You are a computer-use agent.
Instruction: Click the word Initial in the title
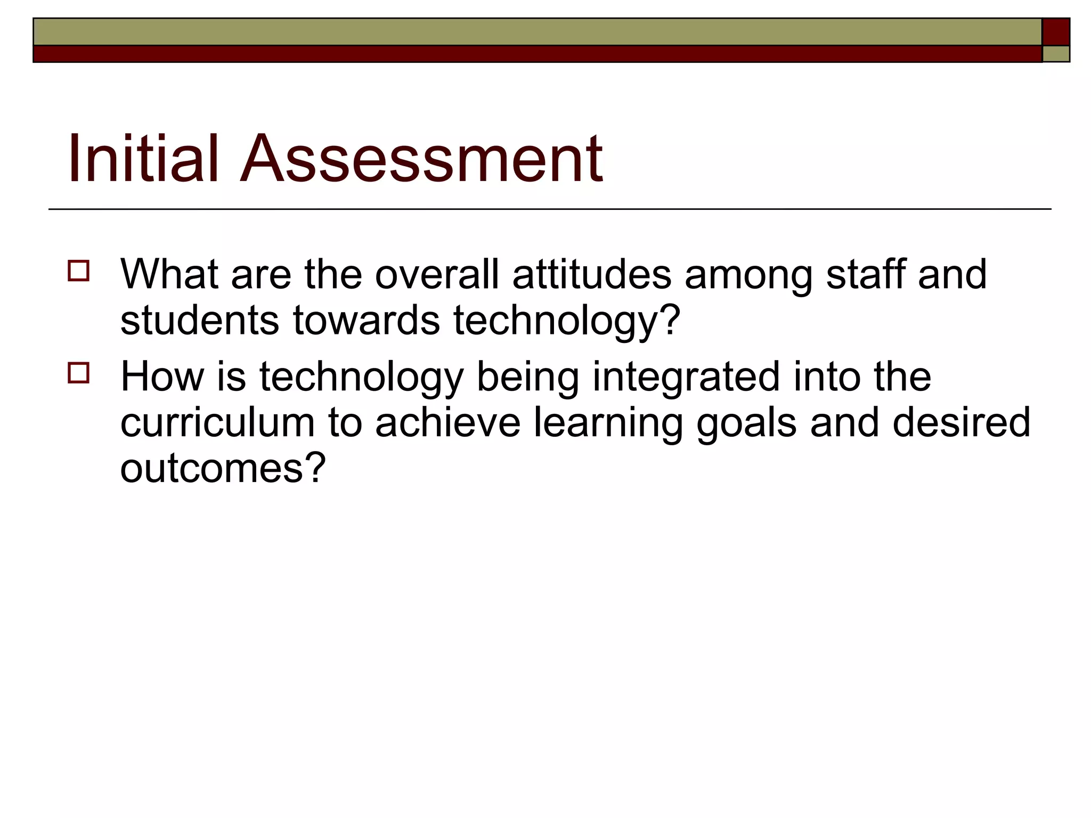tap(143, 158)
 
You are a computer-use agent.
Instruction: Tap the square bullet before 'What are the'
tap(78, 271)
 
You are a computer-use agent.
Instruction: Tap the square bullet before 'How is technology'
tap(78, 373)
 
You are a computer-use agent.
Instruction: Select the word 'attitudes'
tap(591, 274)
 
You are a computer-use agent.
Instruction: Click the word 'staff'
tap(865, 274)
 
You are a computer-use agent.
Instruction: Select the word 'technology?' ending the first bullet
tap(567, 321)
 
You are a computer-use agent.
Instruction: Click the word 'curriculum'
tap(217, 423)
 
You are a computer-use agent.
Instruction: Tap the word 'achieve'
tap(447, 423)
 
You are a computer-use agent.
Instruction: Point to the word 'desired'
tap(961, 423)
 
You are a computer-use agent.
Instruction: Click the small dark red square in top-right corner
tap(1055, 32)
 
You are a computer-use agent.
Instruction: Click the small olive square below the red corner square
tap(1055, 54)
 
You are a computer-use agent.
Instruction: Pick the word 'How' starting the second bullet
tap(162, 377)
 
